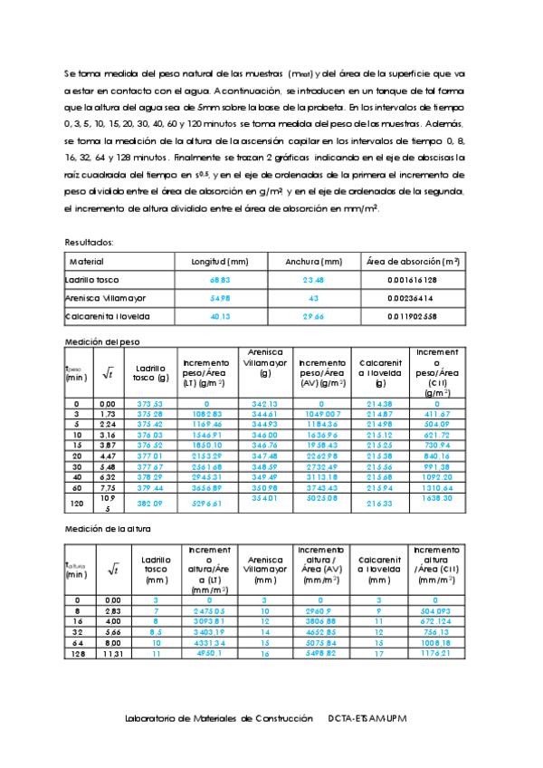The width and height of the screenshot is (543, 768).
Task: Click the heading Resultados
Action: coord(90,242)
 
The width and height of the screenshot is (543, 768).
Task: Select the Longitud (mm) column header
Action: coord(219,261)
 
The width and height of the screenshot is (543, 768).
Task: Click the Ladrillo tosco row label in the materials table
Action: coord(92,279)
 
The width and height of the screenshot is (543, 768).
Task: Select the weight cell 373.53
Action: coord(148,404)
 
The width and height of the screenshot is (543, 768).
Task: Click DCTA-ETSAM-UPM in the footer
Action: coord(369,718)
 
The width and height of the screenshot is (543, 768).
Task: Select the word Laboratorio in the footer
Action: coord(154,718)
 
